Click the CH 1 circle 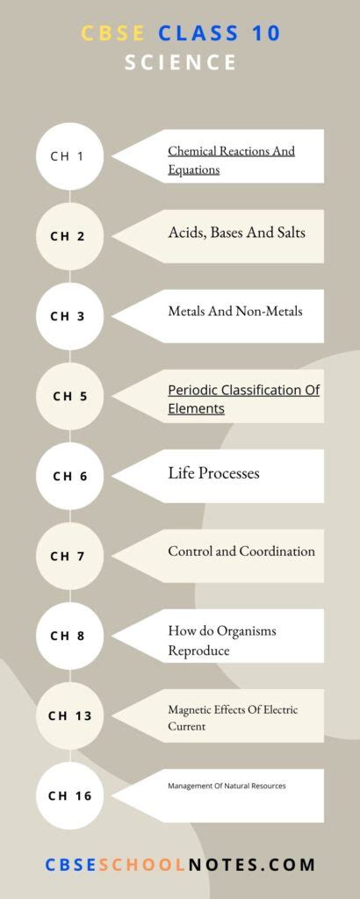pyautogui.click(x=68, y=156)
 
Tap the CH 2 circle pyautogui.click(x=68, y=236)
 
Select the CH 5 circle pyautogui.click(x=68, y=396)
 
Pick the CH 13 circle pyautogui.click(x=68, y=716)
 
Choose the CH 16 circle pyautogui.click(x=68, y=795)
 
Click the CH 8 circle pyautogui.click(x=68, y=636)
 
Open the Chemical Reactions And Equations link pyautogui.click(x=231, y=160)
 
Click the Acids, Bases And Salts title pyautogui.click(x=236, y=233)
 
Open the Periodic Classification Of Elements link pyautogui.click(x=243, y=399)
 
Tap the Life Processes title pyautogui.click(x=213, y=473)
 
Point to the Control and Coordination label pyautogui.click(x=241, y=551)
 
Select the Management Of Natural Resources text pyautogui.click(x=227, y=786)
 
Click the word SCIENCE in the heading pyautogui.click(x=180, y=62)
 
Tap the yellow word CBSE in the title pyautogui.click(x=113, y=33)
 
